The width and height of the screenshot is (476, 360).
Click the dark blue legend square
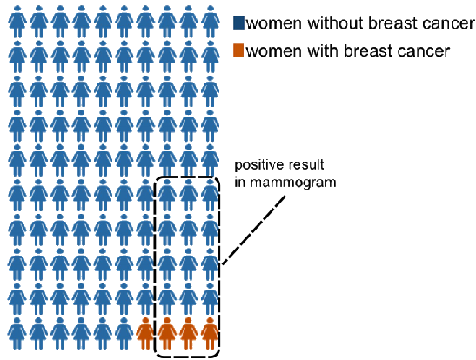click(x=238, y=23)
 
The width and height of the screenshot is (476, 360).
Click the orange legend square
click(x=238, y=50)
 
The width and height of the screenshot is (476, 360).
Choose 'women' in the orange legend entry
click(x=274, y=51)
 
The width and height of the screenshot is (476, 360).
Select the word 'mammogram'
click(x=293, y=183)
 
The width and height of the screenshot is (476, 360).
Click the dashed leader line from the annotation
click(x=254, y=230)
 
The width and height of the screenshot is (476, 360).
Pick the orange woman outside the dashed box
click(x=145, y=333)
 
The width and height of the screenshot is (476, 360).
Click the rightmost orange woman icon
click(x=210, y=333)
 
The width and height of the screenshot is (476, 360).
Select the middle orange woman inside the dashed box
click(x=188, y=333)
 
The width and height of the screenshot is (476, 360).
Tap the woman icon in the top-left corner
click(x=17, y=22)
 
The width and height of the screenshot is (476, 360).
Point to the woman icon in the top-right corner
click(x=210, y=22)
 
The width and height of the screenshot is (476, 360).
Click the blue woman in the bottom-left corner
click(x=17, y=333)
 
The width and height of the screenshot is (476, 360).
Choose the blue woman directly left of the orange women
click(x=124, y=333)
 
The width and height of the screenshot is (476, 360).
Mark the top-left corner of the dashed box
click(x=156, y=177)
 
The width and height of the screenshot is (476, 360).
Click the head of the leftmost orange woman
click(x=145, y=320)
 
